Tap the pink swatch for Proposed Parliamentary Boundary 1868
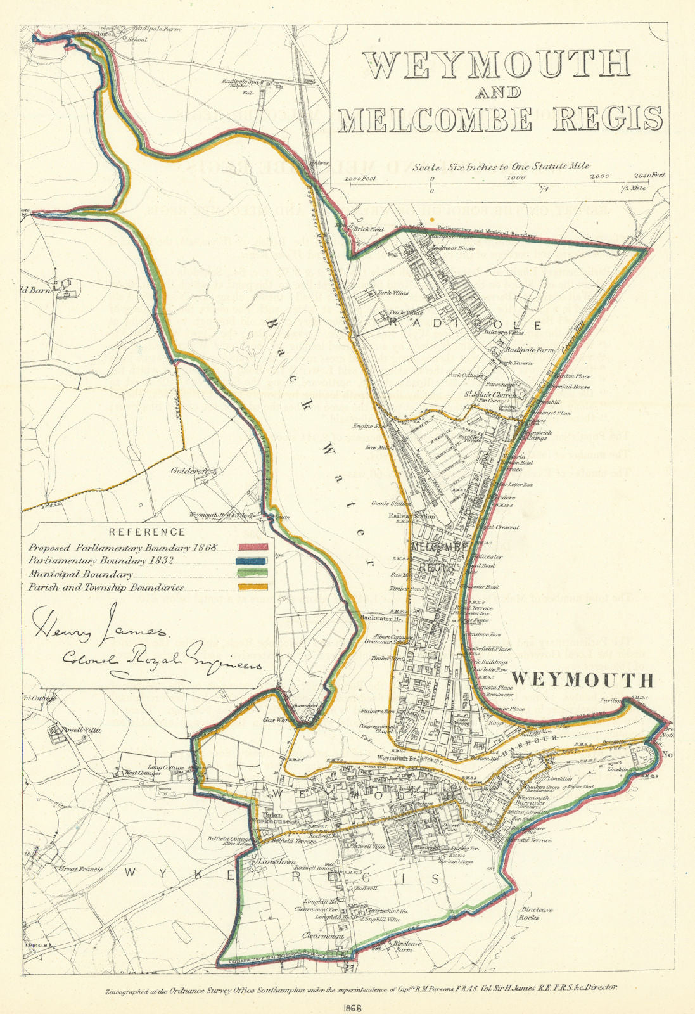[253, 547]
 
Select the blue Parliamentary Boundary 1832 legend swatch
[253, 561]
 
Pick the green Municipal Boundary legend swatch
[253, 575]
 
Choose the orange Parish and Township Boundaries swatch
[253, 588]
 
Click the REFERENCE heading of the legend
[146, 532]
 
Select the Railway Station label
[412, 517]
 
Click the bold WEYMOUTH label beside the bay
[582, 681]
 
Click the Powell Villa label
[81, 729]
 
